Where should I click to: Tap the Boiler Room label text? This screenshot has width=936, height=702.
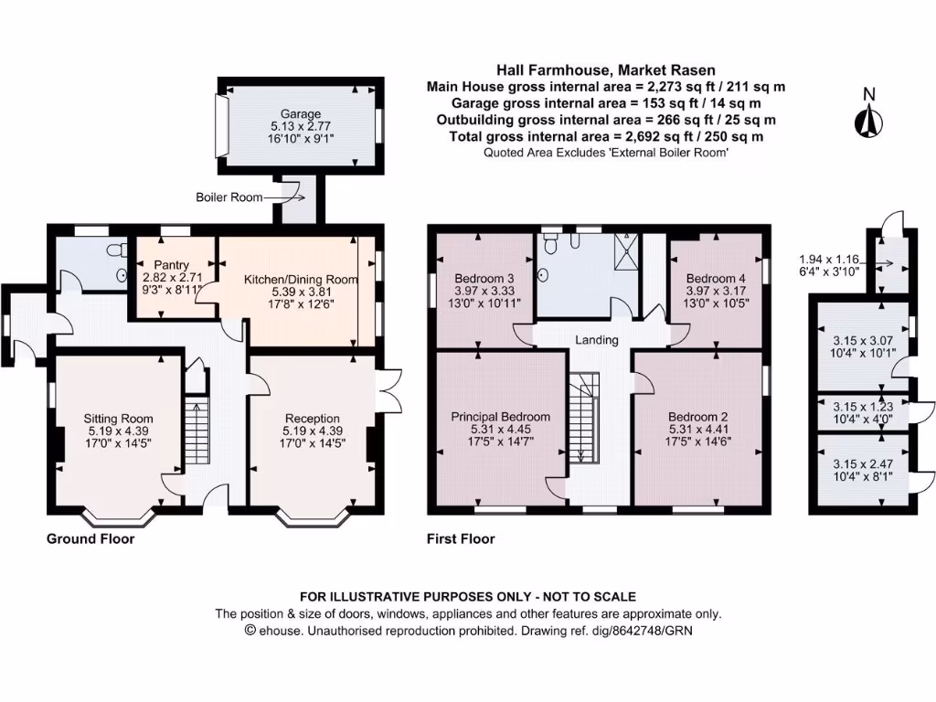(x=229, y=197)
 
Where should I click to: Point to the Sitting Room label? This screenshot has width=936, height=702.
(x=117, y=419)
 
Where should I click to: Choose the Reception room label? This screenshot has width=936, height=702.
(x=312, y=419)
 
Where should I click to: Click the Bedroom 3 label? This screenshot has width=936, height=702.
(x=479, y=278)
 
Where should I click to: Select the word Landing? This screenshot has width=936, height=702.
(x=597, y=340)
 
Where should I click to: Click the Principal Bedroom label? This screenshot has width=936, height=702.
(x=501, y=416)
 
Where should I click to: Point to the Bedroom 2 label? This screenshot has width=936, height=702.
(x=698, y=416)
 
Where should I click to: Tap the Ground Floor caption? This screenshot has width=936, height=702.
(x=90, y=539)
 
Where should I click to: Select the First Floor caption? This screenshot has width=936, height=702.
(x=461, y=539)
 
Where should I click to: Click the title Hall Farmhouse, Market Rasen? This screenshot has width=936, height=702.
(x=606, y=69)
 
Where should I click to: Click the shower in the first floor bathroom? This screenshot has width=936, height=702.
(x=627, y=253)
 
